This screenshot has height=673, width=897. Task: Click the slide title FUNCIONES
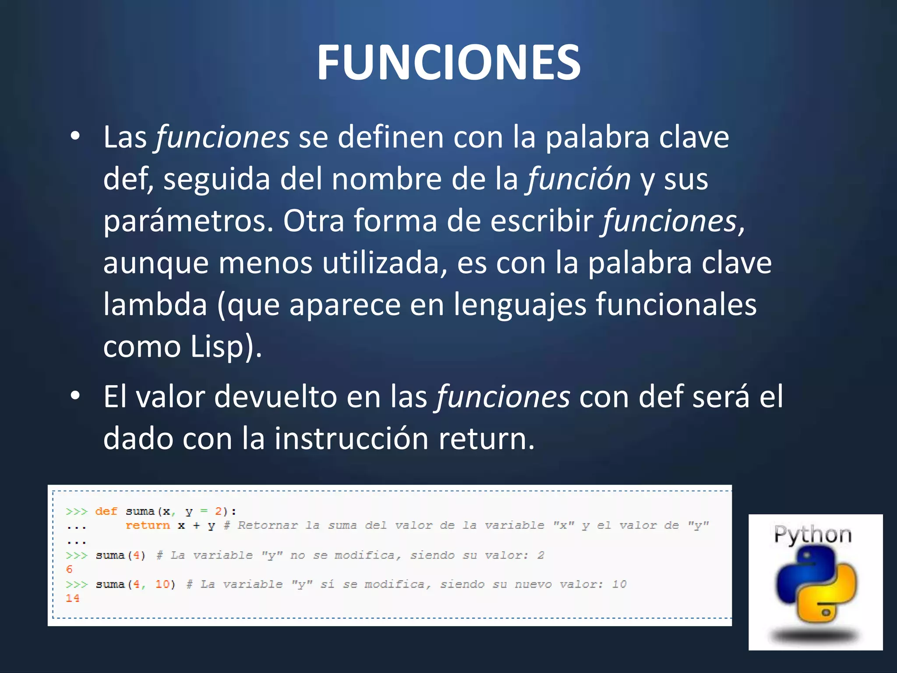(x=448, y=63)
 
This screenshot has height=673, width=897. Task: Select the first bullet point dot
(x=75, y=137)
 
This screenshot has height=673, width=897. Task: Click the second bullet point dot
(x=75, y=396)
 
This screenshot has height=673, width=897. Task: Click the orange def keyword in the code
(x=106, y=511)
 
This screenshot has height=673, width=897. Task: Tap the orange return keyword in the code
(x=147, y=525)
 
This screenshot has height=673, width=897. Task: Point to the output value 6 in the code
(x=69, y=569)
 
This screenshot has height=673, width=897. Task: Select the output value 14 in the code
(x=72, y=598)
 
